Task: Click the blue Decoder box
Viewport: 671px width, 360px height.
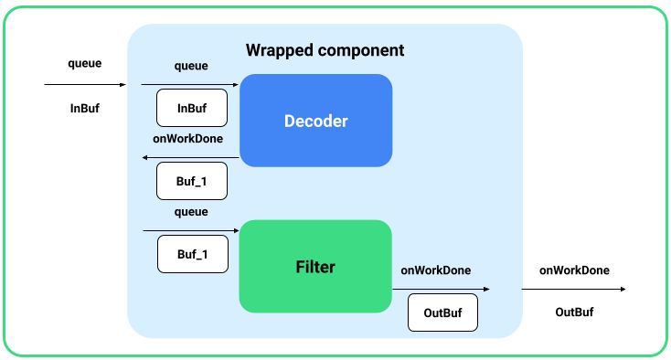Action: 315,121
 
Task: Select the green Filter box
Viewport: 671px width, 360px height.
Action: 315,267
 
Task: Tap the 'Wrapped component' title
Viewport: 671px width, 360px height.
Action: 325,49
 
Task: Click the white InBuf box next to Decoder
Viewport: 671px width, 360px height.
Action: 191,108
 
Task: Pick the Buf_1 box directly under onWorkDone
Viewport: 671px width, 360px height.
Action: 191,181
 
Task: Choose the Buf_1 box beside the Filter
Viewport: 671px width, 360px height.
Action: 191,254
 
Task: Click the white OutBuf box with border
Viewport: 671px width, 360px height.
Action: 442,312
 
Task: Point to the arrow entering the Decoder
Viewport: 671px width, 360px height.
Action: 190,84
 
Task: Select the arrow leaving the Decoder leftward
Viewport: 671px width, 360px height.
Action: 190,157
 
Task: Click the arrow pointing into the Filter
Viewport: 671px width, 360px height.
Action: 190,230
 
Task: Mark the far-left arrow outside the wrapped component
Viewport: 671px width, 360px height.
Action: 85,85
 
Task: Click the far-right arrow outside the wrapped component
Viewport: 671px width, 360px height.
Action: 573,289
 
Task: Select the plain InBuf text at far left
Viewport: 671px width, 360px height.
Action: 85,108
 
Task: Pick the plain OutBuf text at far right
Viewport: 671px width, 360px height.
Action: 574,312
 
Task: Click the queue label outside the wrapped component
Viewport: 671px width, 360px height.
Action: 85,64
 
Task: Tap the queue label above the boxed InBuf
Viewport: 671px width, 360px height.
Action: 191,66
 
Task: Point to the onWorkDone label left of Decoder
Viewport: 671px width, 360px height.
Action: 187,139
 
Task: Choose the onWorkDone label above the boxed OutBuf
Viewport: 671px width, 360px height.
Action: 436,270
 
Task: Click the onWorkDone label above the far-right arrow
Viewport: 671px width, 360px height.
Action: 574,270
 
